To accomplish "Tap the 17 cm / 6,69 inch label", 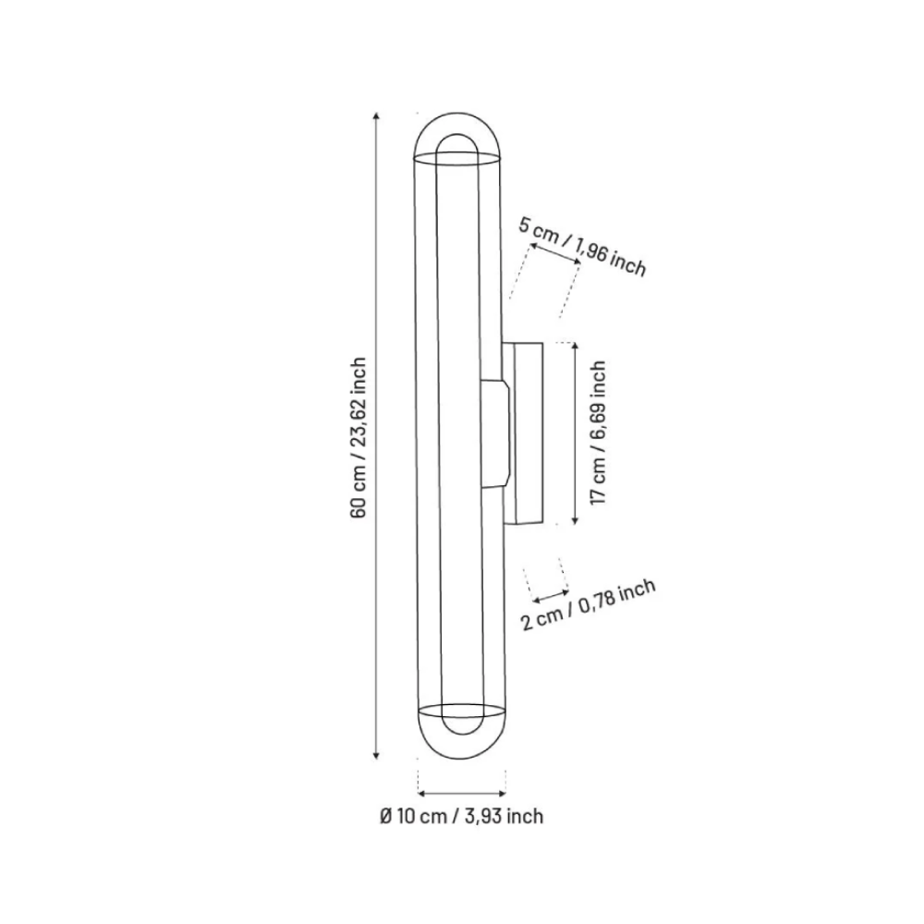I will pyautogui.click(x=598, y=432).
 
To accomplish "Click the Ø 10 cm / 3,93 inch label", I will pyautogui.click(x=461, y=816).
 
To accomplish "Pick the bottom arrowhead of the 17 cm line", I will pyautogui.click(x=575, y=522).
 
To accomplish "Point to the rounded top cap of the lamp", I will pyautogui.click(x=458, y=134).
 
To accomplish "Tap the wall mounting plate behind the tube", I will pyautogui.click(x=527, y=432).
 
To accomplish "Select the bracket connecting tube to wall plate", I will pyautogui.click(x=494, y=432).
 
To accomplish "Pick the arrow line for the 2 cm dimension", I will pyautogui.click(x=549, y=594).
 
